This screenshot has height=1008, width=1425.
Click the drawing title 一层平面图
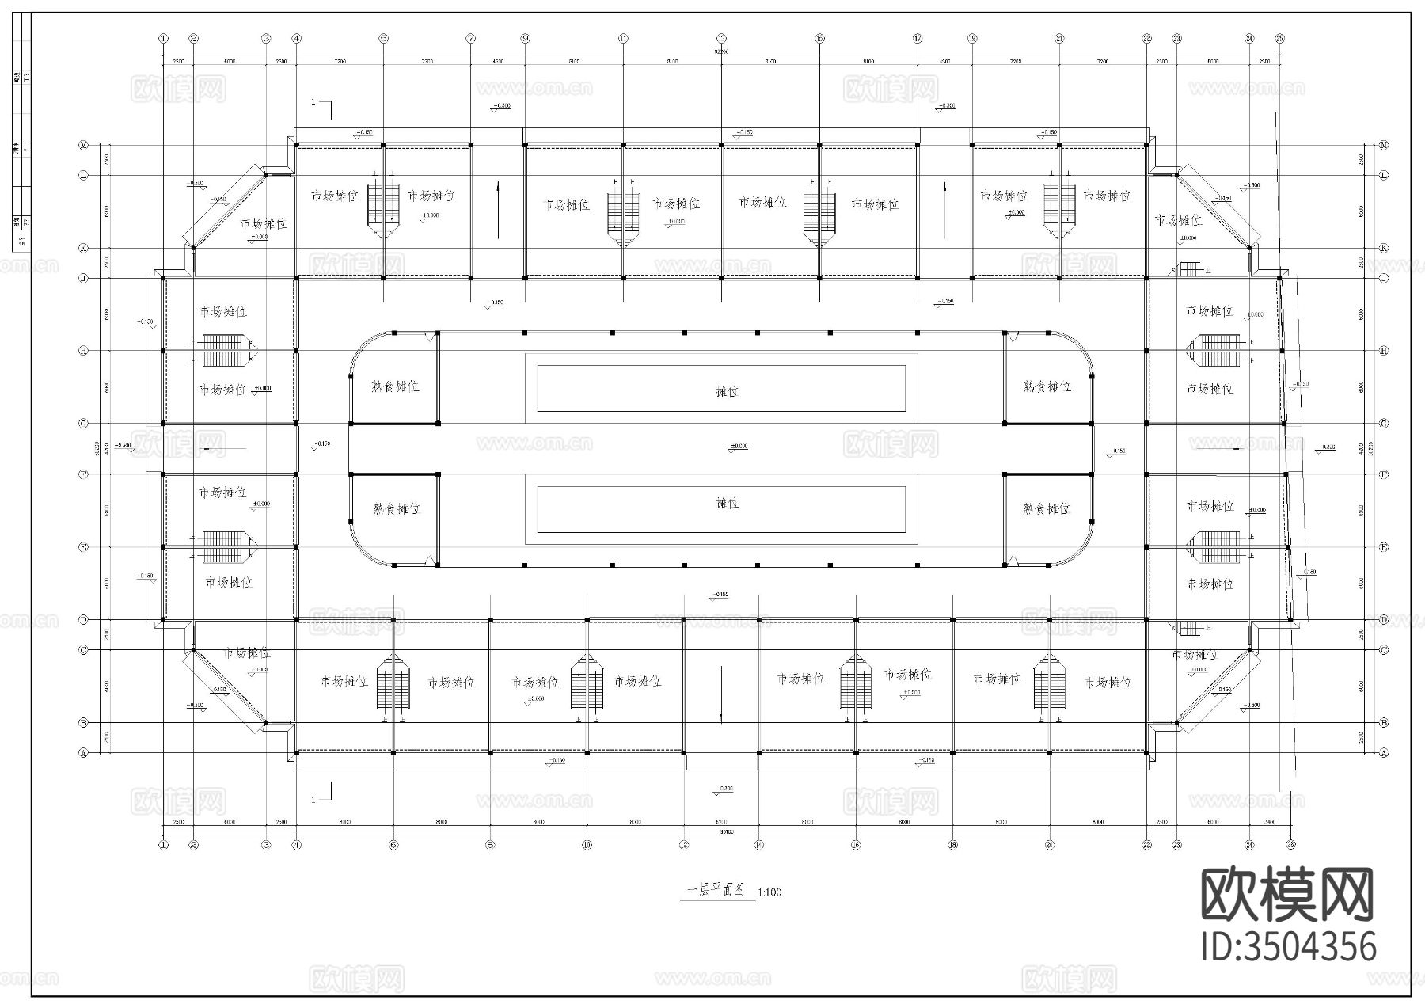click(715, 890)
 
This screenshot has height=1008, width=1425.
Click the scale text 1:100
click(769, 892)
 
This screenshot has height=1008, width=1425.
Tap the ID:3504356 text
click(1289, 947)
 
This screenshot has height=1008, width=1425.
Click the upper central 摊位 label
click(727, 391)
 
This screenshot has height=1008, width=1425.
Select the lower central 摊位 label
click(727, 503)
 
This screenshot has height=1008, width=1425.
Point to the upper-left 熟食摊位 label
click(396, 386)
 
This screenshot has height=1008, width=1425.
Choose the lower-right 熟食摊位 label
click(1047, 508)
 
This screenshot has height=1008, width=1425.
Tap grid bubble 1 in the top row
click(163, 38)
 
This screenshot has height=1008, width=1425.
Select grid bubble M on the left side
click(83, 145)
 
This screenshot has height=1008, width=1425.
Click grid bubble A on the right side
click(1384, 754)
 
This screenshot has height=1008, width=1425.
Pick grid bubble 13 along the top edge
click(721, 38)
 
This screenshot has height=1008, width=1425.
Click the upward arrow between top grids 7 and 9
click(497, 210)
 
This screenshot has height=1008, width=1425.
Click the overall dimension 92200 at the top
click(721, 51)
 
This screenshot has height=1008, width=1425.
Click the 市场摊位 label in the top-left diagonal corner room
click(264, 224)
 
